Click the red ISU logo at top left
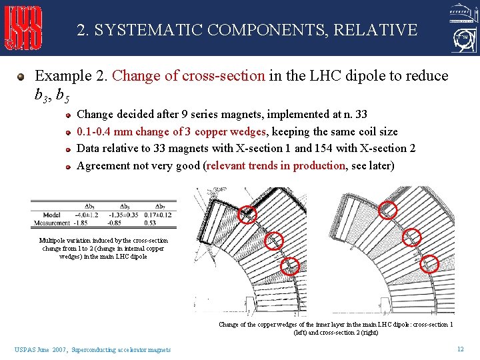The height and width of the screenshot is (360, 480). click(x=24, y=29)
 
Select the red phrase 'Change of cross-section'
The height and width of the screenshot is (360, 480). click(x=189, y=76)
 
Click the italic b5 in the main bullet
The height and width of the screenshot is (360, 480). click(x=62, y=96)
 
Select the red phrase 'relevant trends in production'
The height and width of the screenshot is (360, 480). click(x=277, y=165)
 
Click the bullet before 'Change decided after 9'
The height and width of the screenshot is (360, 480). click(x=69, y=115)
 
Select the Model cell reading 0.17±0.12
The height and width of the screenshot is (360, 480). click(x=159, y=215)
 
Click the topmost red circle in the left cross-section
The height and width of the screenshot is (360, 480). click(x=248, y=213)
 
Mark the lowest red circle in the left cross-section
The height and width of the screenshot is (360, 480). click(x=290, y=267)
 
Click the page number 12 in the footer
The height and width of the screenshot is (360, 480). click(x=460, y=349)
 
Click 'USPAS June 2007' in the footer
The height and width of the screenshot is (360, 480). click(x=40, y=349)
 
